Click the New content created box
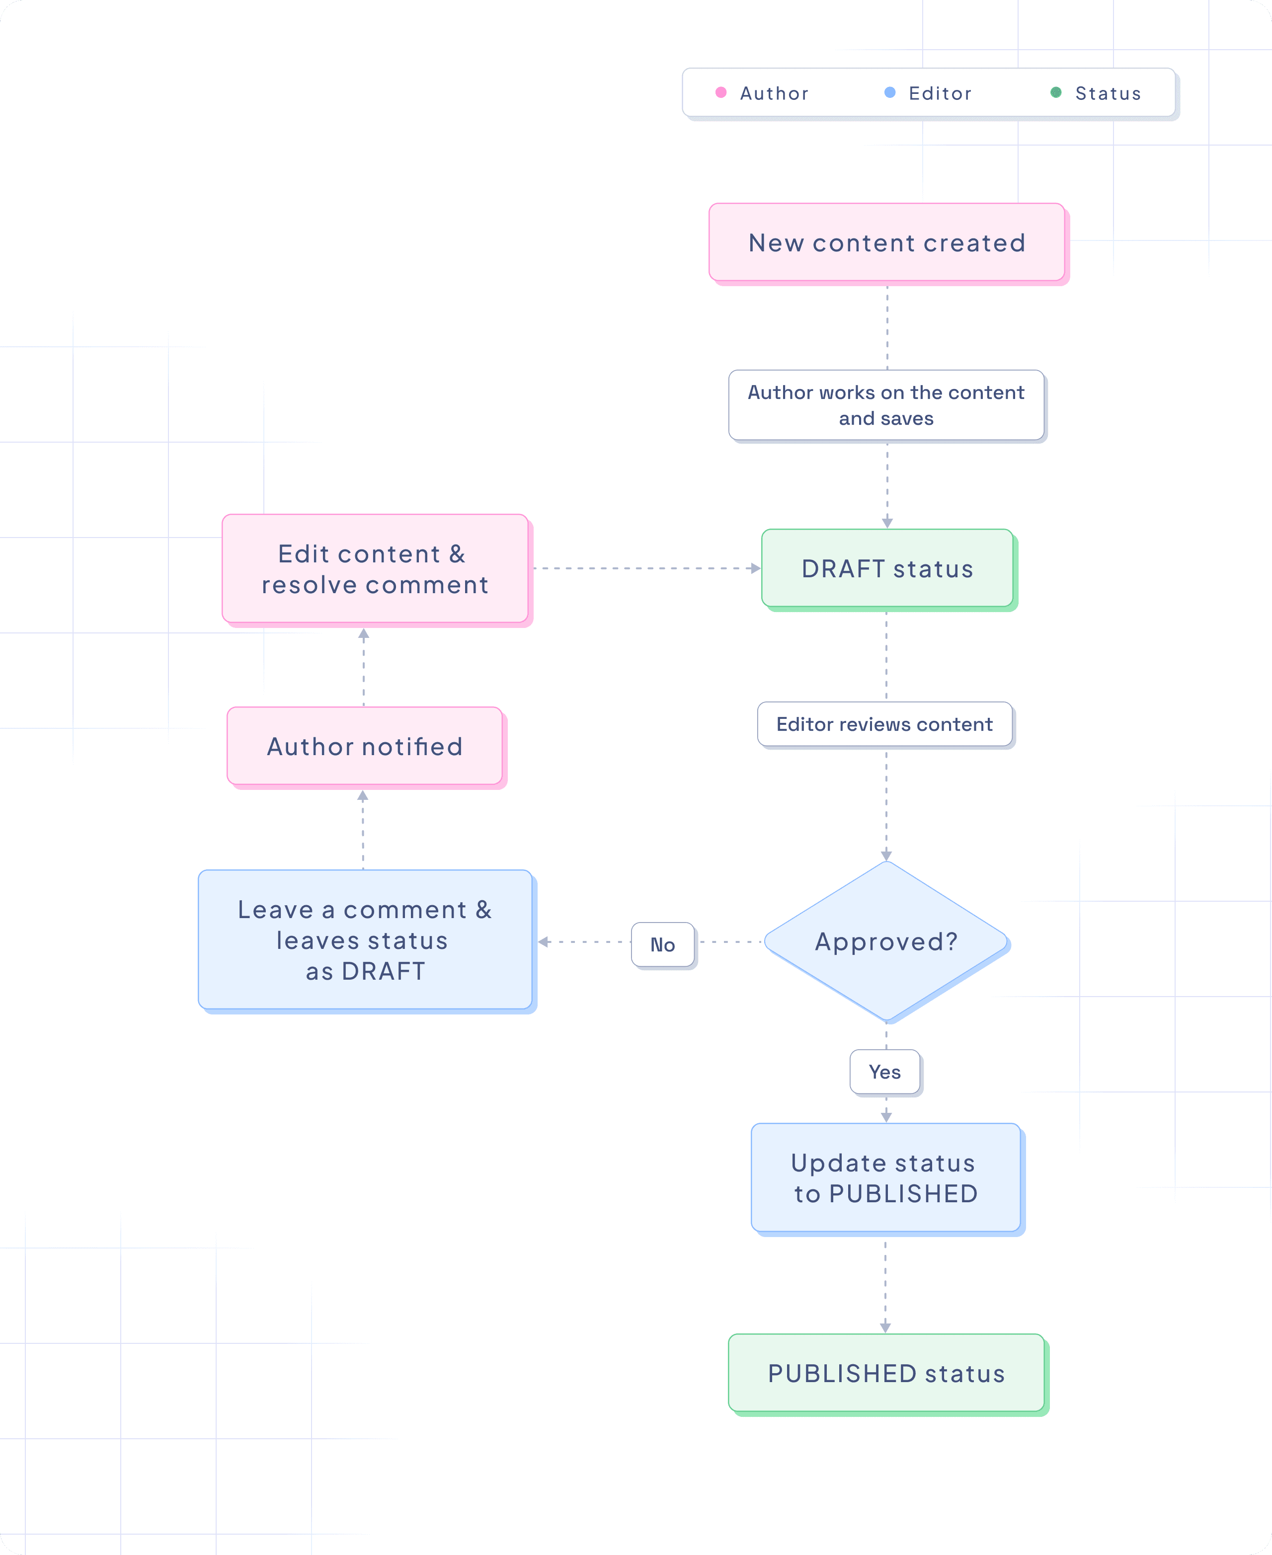tap(886, 242)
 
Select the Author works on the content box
tap(886, 405)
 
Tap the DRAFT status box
tap(886, 568)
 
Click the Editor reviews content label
tap(884, 724)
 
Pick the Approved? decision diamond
tap(886, 941)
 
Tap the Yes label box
tap(884, 1072)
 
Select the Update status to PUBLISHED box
tap(885, 1178)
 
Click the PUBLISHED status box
tap(886, 1373)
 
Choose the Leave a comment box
tap(365, 940)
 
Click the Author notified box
tap(364, 746)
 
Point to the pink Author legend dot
tap(721, 92)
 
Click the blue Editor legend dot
tap(889, 92)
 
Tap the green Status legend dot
tap(1056, 92)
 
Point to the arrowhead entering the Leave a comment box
tap(544, 942)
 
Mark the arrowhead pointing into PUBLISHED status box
tap(885, 1327)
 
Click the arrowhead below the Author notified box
tap(363, 795)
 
